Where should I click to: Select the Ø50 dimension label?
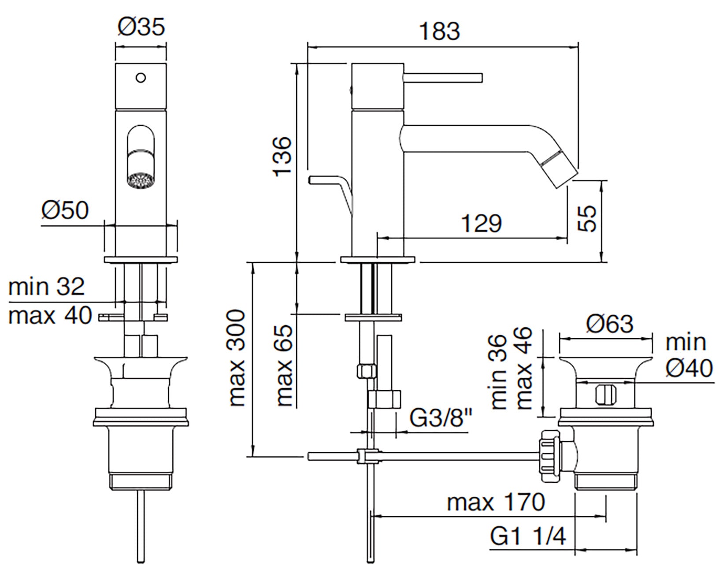tap(65, 210)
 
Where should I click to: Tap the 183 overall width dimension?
tap(439, 31)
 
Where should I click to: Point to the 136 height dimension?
tap(282, 156)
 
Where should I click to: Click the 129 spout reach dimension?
tap(481, 224)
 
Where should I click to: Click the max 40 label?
tap(50, 316)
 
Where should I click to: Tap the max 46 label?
tap(524, 369)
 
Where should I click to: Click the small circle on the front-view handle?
tap(141, 78)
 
